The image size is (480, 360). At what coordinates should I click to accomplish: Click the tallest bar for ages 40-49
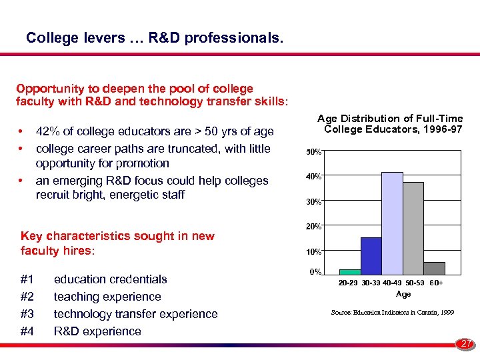point(392,223)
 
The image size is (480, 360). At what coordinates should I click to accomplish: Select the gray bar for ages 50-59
point(413,228)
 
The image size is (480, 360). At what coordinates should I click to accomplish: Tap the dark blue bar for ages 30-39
point(371,256)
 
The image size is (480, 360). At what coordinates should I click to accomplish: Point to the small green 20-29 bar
point(350,271)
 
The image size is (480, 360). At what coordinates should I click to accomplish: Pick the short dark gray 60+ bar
point(435,268)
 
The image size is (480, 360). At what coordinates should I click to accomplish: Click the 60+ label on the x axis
point(437,283)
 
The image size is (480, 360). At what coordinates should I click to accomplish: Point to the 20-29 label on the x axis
point(349,283)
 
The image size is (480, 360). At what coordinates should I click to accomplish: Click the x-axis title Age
point(403,294)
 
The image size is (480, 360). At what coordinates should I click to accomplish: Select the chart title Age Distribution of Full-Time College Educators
point(393,123)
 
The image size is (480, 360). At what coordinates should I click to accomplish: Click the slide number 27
point(466,344)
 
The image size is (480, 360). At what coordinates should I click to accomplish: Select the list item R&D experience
point(97,331)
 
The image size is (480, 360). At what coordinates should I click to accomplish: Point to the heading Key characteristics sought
point(117,236)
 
